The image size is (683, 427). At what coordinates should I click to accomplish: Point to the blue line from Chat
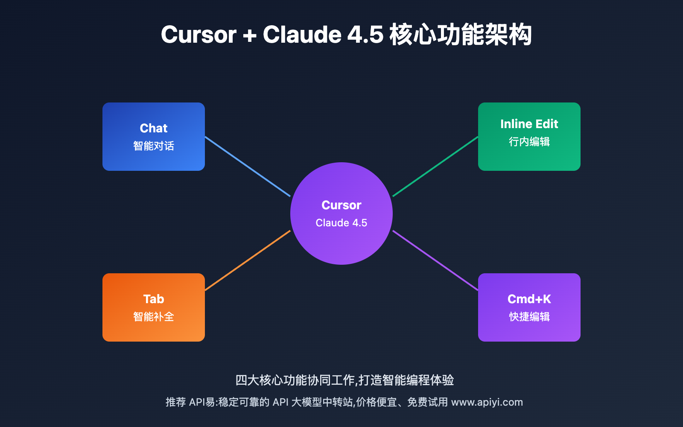248,167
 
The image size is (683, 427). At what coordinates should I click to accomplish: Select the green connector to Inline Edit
435,167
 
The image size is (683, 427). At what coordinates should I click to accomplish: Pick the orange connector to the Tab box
248,260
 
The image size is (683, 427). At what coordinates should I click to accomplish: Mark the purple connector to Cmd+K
435,260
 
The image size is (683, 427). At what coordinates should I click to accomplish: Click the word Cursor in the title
198,35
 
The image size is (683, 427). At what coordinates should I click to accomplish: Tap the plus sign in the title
249,35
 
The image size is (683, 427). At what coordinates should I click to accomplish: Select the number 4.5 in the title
365,35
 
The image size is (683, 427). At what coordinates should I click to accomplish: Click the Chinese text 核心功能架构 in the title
461,35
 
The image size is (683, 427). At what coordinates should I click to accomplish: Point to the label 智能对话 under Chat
154,146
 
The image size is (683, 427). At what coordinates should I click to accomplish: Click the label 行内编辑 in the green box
529,142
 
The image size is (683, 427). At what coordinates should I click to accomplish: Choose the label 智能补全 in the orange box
154,317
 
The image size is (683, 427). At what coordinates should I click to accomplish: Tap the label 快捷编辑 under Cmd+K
529,317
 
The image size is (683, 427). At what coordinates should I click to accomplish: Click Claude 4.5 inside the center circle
341,223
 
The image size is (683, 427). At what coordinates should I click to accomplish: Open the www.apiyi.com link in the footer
487,402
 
